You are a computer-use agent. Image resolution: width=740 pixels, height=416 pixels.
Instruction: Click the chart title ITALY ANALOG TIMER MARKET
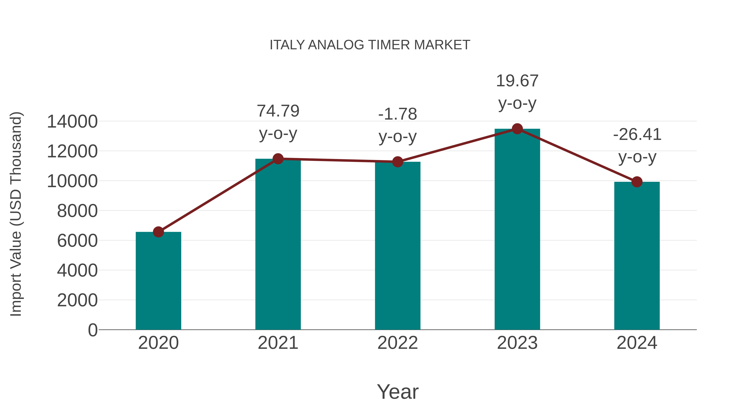tap(370, 45)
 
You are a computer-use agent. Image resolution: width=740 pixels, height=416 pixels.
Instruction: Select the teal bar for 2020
tap(158, 281)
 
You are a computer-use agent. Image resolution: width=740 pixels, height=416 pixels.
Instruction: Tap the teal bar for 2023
tap(517, 230)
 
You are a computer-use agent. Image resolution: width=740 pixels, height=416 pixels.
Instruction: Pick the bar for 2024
tap(637, 256)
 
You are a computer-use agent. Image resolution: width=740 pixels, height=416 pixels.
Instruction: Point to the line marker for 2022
tap(398, 162)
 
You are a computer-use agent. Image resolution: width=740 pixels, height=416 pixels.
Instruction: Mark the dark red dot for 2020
tap(158, 232)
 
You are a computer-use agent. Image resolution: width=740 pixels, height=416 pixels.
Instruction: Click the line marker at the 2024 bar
tap(637, 182)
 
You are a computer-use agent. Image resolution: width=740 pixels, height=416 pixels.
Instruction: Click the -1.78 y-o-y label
tap(398, 114)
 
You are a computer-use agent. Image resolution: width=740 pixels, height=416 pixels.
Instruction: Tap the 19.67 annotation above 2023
tap(517, 81)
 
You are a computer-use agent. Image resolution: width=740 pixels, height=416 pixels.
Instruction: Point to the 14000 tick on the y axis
tap(72, 121)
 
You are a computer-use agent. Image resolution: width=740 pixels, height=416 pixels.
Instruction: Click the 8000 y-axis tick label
tap(77, 211)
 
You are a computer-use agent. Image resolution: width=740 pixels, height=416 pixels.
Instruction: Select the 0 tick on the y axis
tap(92, 330)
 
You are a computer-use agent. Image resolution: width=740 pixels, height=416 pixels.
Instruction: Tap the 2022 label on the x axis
tap(398, 343)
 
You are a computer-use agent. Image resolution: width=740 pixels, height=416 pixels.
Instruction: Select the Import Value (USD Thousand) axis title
tap(16, 214)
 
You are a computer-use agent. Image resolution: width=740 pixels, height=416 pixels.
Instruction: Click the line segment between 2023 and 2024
tap(577, 155)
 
